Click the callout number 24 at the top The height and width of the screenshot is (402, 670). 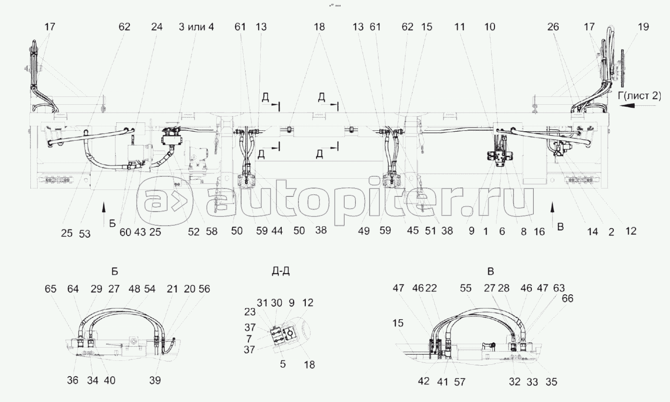(x=156, y=27)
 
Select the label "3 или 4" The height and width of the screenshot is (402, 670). (x=196, y=27)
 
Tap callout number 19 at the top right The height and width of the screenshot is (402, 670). (x=644, y=27)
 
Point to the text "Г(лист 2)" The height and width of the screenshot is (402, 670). (x=639, y=95)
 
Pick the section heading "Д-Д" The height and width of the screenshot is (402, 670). (x=280, y=271)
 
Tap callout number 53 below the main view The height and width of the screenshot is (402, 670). (x=85, y=234)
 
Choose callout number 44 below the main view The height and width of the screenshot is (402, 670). (x=277, y=231)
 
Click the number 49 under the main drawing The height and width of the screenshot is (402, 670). (x=364, y=231)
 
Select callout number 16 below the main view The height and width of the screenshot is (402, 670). (x=539, y=232)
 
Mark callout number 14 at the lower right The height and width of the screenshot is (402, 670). (x=592, y=232)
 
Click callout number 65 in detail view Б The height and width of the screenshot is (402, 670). (x=50, y=289)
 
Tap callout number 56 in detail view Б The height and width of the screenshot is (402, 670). (x=204, y=289)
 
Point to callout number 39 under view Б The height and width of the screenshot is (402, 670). (x=155, y=380)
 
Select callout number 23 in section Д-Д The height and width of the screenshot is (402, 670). (x=250, y=312)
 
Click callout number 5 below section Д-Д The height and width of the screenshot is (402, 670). (x=283, y=364)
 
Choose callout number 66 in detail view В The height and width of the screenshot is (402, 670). (x=568, y=298)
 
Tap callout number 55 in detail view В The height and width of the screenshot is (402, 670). (x=466, y=288)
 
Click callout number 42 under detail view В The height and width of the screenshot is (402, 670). (x=423, y=381)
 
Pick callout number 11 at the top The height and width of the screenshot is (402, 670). (x=459, y=27)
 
